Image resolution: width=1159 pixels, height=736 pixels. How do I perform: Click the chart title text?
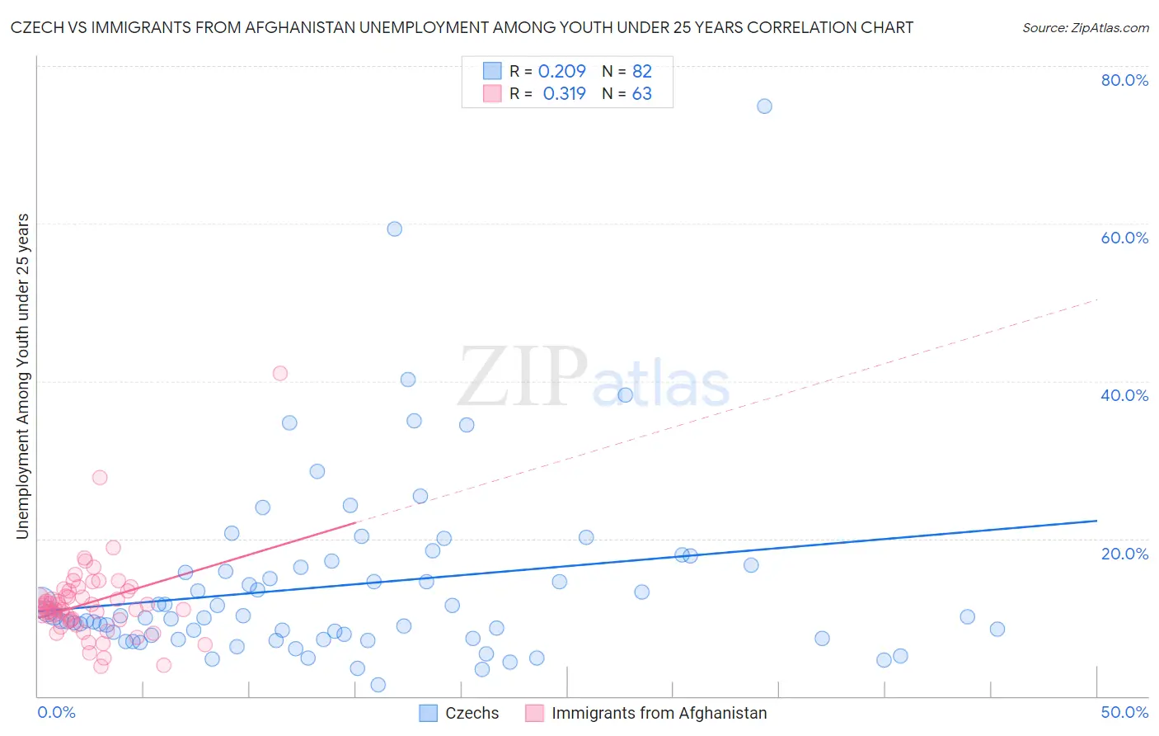coord(462,27)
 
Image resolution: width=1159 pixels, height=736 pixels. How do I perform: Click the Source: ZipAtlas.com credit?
coord(1085,27)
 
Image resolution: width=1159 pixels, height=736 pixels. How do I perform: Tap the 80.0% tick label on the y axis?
coord(1124,80)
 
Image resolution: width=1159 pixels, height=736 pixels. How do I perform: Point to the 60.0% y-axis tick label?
coord(1124,238)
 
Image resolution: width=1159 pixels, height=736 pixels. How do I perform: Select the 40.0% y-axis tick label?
coord(1124,395)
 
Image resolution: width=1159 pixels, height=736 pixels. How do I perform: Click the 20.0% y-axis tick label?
coord(1124,553)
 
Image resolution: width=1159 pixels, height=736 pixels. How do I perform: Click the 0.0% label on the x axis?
coord(56,712)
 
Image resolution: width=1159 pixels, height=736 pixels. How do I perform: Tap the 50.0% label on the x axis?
coord(1124,712)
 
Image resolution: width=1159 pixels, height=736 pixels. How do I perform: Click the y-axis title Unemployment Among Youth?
coord(23,376)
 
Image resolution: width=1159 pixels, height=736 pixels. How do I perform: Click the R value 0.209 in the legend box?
coord(561,71)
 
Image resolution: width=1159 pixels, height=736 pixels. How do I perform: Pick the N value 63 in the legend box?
coord(641,94)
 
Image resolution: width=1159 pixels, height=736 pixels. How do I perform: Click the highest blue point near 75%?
coord(764,106)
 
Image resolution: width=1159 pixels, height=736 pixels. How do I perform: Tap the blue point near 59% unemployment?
coord(395,229)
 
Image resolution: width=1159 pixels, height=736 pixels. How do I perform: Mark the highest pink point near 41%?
coord(280,373)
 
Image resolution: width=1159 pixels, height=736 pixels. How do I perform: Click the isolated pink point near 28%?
coord(100,477)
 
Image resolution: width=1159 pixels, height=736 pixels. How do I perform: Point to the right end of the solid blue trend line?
coord(1096,521)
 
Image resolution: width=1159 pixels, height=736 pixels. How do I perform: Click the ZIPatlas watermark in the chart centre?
coord(594,379)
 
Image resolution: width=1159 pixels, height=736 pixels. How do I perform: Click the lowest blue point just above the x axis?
coord(378,685)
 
